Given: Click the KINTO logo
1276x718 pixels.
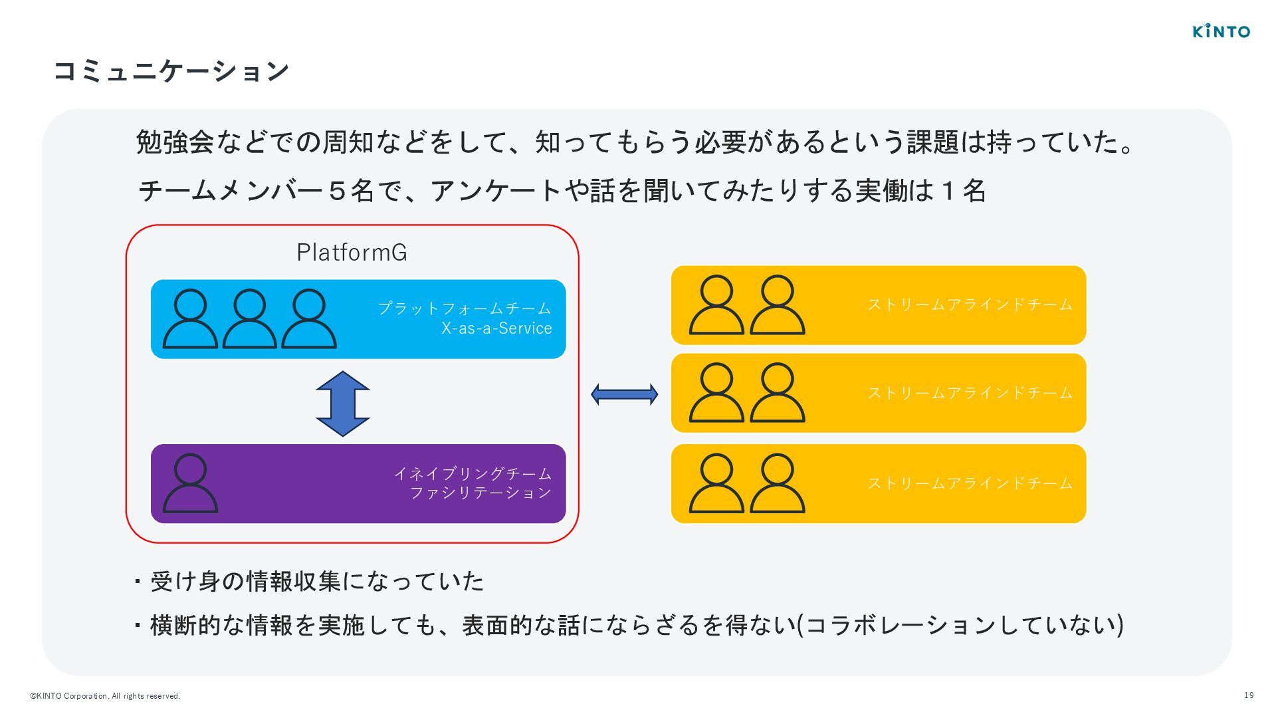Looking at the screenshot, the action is [x=1221, y=31].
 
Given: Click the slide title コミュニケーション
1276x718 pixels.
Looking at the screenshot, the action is [x=171, y=70].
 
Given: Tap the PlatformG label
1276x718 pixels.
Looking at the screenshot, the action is [x=352, y=253].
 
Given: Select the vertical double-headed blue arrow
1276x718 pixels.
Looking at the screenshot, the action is [x=343, y=404].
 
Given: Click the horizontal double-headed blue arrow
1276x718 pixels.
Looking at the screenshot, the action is [x=625, y=394].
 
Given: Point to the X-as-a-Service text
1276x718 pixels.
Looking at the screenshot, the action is [x=496, y=328].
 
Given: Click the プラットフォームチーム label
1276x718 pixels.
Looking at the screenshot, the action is [x=465, y=308].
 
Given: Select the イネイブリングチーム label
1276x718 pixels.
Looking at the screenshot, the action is [x=473, y=473].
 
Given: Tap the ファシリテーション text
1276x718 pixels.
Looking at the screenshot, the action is [x=480, y=493].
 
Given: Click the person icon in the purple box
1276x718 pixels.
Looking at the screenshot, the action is [x=190, y=483].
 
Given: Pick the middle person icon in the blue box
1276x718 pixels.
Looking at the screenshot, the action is [x=249, y=318].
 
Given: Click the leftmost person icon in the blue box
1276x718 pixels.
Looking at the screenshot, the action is [x=190, y=318].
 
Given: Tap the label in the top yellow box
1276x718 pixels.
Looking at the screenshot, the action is [x=970, y=304].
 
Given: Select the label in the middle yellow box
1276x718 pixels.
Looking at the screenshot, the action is [x=970, y=393].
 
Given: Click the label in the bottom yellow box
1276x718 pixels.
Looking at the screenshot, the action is [x=970, y=483].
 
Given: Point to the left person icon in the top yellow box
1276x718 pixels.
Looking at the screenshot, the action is [x=716, y=304].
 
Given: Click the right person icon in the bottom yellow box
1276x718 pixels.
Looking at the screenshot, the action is [x=778, y=483].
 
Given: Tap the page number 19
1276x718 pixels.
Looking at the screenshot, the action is [x=1249, y=695].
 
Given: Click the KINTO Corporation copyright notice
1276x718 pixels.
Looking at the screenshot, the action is [x=105, y=696].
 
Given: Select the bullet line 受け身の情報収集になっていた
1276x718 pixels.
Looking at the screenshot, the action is [x=310, y=582].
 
